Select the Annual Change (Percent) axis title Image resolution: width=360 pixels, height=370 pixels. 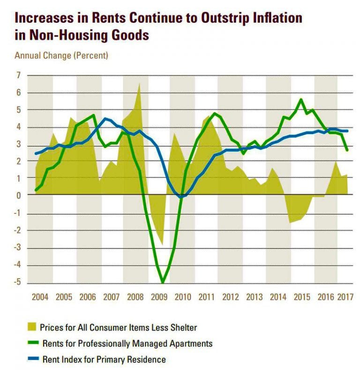tap(61, 55)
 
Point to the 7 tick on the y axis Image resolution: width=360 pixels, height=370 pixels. tap(18, 76)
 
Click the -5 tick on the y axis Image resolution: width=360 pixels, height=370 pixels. tap(17, 283)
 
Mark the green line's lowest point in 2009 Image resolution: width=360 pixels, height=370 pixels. tap(163, 283)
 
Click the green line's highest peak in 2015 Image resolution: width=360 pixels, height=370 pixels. tap(301, 99)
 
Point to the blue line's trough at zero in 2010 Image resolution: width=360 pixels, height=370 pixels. tap(182, 197)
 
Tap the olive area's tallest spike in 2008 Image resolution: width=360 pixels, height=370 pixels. tap(139, 83)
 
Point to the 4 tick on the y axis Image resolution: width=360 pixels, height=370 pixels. tap(18, 128)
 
